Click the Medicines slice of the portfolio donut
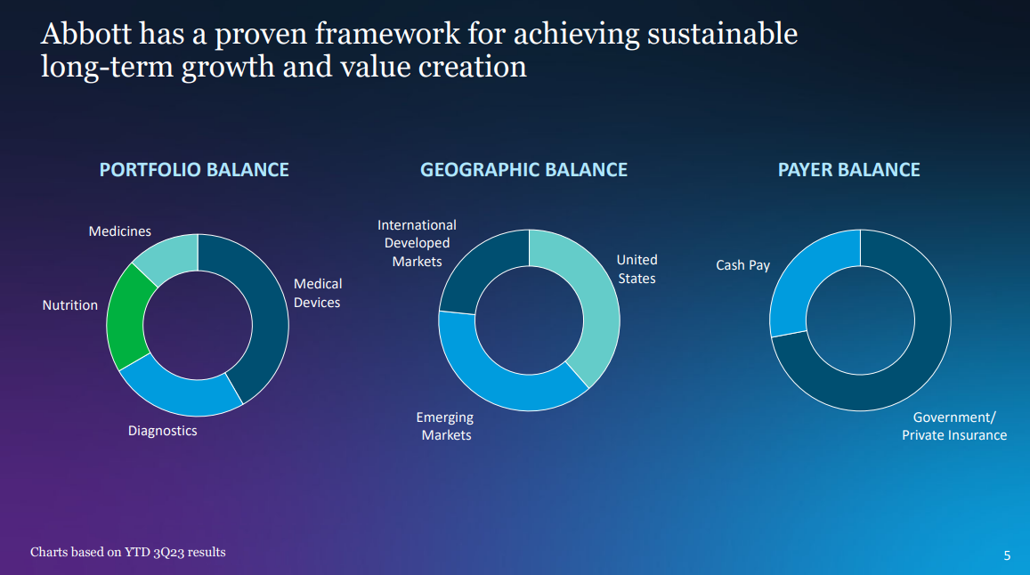point(169,255)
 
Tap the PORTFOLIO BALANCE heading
point(194,169)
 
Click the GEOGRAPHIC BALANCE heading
point(523,169)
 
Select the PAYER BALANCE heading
point(848,169)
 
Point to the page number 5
point(1007,556)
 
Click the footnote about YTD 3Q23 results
point(128,552)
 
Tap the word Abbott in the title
point(86,34)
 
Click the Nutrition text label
point(69,305)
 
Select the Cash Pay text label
point(743,265)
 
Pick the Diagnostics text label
point(162,431)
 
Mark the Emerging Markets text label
point(445,425)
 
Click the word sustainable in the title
point(722,34)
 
